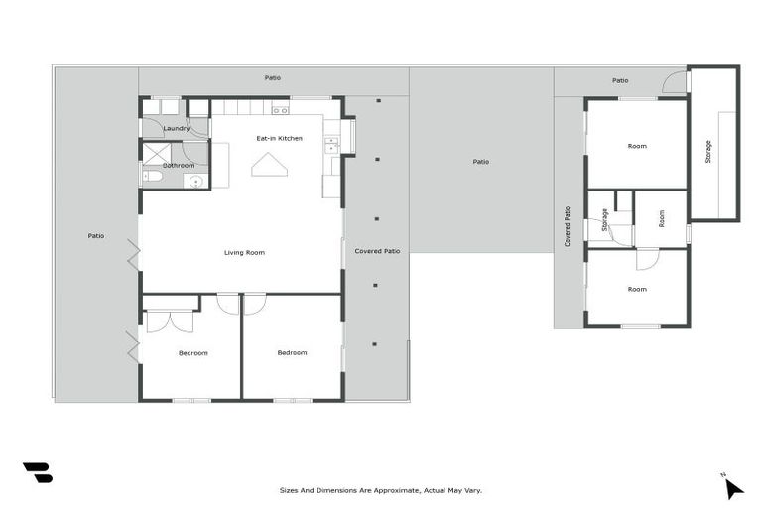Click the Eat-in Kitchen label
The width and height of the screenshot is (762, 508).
(x=279, y=138)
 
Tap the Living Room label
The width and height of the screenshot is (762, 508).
(x=244, y=253)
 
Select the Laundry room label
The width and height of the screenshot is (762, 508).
(x=177, y=128)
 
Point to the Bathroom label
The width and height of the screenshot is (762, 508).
(x=179, y=165)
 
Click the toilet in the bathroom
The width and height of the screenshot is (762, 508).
(x=152, y=177)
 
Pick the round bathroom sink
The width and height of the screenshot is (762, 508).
(x=195, y=181)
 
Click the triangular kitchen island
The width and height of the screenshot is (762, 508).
(x=269, y=166)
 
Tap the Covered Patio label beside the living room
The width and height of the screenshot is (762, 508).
(x=377, y=251)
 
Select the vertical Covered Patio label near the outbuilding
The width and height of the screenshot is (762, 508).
(x=568, y=226)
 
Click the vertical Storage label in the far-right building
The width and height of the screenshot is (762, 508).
(x=708, y=152)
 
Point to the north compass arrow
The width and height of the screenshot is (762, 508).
(x=732, y=487)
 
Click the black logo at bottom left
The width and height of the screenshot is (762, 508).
(x=37, y=472)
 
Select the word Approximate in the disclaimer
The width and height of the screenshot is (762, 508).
(x=385, y=490)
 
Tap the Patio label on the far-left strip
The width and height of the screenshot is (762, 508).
(x=96, y=236)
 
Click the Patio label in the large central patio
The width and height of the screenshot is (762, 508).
(x=480, y=162)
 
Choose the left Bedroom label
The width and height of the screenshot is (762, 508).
(x=193, y=353)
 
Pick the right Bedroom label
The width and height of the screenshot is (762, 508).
(x=292, y=352)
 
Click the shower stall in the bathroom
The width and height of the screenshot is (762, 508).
(x=155, y=152)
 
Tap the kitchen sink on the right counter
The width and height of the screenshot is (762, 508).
(x=331, y=146)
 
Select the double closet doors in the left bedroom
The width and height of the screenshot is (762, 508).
(x=171, y=321)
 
